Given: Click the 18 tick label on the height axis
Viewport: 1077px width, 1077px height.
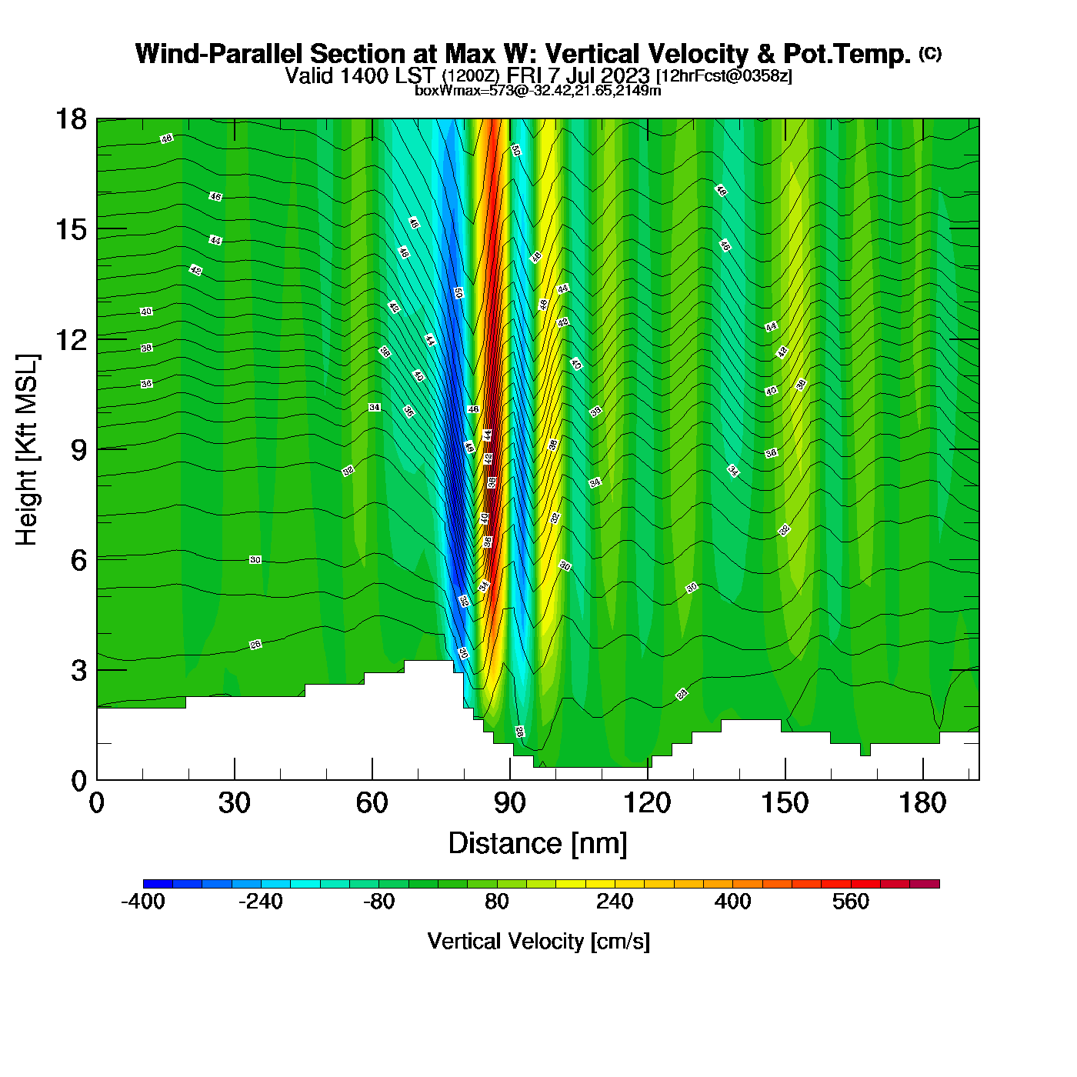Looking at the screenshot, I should point(71,119).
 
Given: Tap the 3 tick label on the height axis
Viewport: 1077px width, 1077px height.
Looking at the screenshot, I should point(78,670).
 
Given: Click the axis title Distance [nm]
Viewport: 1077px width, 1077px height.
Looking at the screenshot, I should point(538,844).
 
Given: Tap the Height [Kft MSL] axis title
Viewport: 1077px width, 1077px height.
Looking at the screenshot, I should point(27,450).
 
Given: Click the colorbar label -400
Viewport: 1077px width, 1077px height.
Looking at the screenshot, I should point(143,902).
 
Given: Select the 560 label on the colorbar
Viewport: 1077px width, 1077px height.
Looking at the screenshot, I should point(851,902).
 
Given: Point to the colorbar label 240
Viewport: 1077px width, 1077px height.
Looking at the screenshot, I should point(615,902).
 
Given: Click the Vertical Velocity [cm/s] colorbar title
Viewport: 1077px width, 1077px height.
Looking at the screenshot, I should point(538,942).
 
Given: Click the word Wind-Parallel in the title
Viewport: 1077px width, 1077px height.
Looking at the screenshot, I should point(219,54).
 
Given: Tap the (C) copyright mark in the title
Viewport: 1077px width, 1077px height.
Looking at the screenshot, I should point(930,53).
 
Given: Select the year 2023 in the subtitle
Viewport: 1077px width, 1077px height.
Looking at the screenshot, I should point(625,75).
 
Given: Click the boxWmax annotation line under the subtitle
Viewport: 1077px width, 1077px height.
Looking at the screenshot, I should point(538,91).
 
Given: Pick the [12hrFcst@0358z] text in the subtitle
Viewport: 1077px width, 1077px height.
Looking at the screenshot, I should point(724,76).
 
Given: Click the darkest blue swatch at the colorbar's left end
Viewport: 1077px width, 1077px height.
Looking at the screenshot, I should point(158,884).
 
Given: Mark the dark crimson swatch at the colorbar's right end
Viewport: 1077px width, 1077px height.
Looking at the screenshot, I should point(925,884).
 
